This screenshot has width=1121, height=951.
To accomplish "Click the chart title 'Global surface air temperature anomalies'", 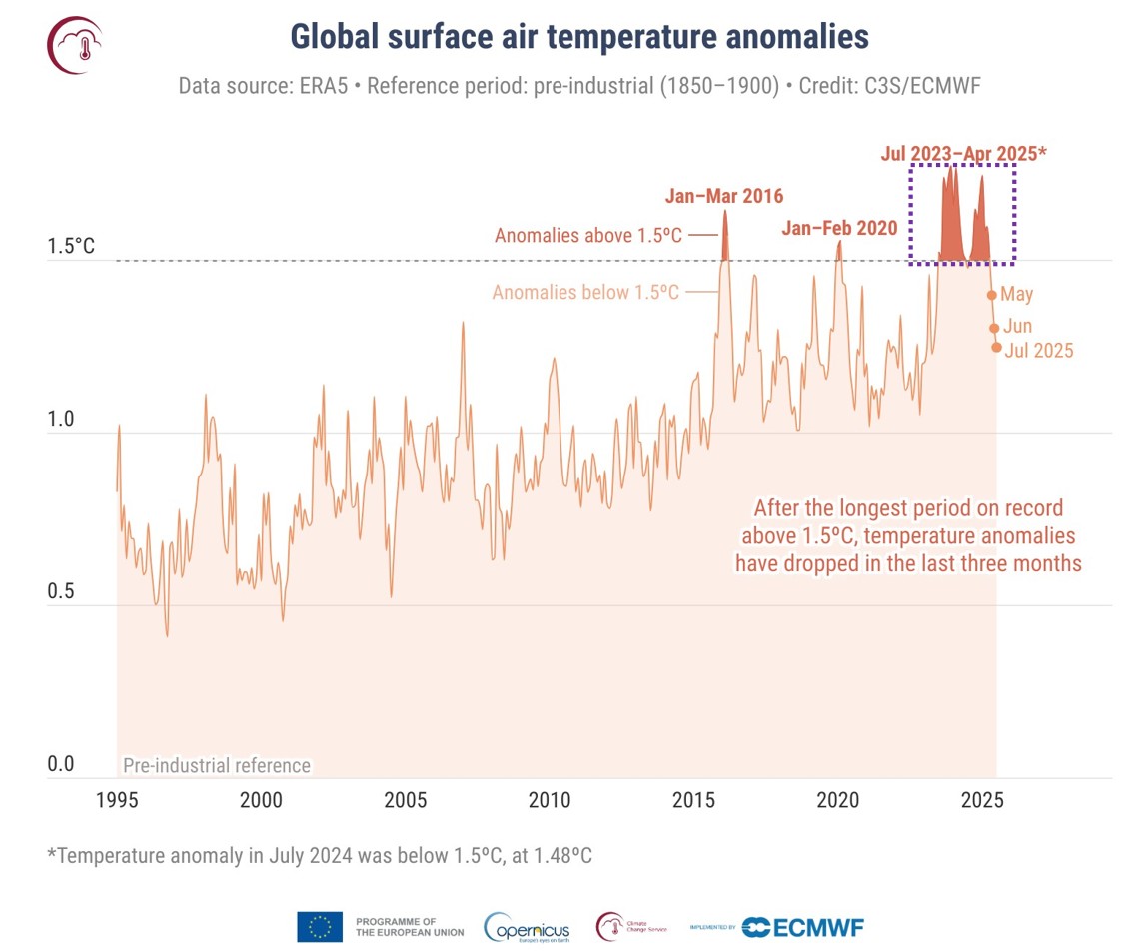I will [x=579, y=37].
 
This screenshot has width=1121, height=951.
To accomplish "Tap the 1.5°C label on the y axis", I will [x=70, y=246].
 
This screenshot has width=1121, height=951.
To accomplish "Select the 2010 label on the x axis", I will [x=549, y=800].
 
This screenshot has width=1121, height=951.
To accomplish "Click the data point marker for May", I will [x=992, y=295].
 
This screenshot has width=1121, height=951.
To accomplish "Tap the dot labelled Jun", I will [x=994, y=328].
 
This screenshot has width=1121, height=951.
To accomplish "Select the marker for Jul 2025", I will [x=996, y=348].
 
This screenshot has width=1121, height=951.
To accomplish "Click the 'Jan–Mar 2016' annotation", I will [x=724, y=195].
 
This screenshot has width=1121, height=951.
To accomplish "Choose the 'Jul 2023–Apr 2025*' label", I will [x=963, y=154].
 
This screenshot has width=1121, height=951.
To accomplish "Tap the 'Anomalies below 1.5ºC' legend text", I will [x=586, y=293].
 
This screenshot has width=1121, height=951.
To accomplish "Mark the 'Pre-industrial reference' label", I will [x=216, y=766].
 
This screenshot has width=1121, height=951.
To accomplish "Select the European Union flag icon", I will [x=320, y=927].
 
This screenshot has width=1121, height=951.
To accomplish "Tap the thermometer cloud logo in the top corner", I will [x=76, y=45].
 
